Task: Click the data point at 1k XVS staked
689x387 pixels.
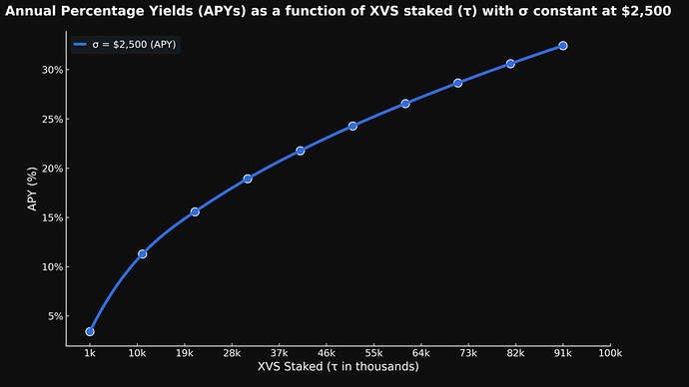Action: click(x=90, y=331)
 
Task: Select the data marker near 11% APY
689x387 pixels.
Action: click(x=143, y=254)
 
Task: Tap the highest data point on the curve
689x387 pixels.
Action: click(x=563, y=46)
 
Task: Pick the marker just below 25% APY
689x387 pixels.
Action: click(x=352, y=127)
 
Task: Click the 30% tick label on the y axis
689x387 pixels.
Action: click(x=53, y=70)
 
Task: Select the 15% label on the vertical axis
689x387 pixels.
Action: click(x=53, y=217)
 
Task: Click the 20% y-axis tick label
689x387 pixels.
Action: click(x=53, y=169)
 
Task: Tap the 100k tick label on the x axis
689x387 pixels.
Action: click(x=610, y=353)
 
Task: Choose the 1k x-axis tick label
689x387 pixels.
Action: click(x=90, y=353)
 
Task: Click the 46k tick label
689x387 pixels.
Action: click(x=327, y=353)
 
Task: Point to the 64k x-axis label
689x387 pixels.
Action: click(x=420, y=353)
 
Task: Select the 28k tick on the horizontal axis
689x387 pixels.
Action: click(x=232, y=353)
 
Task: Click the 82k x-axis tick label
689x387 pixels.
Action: click(x=515, y=353)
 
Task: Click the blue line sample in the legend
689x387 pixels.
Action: click(x=82, y=45)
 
